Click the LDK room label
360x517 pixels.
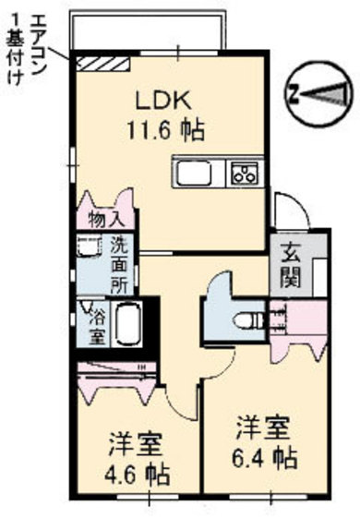[x=164, y=101]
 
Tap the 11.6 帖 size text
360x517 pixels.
[x=166, y=130]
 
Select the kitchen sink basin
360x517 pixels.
[x=194, y=173]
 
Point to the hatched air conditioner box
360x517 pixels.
[x=103, y=64]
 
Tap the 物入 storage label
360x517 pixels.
[x=106, y=220]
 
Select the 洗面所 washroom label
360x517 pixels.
[x=119, y=265]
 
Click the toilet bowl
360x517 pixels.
[x=248, y=320]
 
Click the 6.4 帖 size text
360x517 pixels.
[x=265, y=458]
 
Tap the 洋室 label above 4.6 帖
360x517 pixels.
[x=135, y=444]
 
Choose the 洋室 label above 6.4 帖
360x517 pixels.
[x=263, y=427]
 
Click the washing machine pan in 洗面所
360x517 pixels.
[x=89, y=246]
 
